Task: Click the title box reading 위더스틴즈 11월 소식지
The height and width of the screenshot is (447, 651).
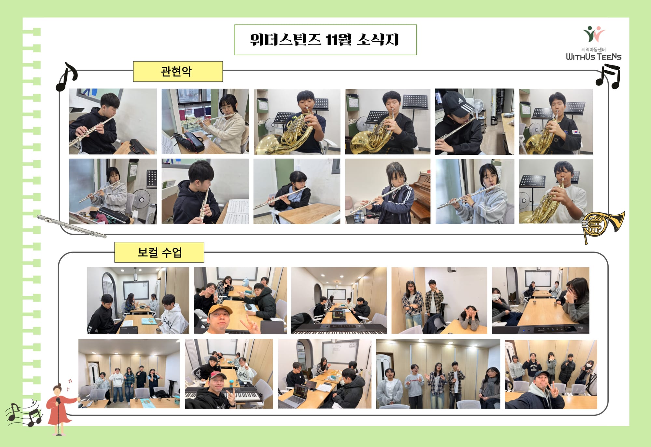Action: point(325,40)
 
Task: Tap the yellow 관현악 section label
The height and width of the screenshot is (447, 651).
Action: point(178,71)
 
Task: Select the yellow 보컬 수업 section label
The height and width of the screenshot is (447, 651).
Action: point(159,252)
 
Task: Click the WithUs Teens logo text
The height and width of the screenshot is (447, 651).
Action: point(593,57)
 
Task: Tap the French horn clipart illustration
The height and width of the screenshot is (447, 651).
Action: point(602,226)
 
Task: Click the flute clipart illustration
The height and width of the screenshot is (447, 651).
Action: point(71,226)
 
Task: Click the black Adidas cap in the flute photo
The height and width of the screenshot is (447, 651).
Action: point(455,103)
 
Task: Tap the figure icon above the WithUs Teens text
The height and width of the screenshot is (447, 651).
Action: point(594,34)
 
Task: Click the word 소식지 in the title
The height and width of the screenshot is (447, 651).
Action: point(378,40)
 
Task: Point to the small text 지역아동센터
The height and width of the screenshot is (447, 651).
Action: point(593,49)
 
